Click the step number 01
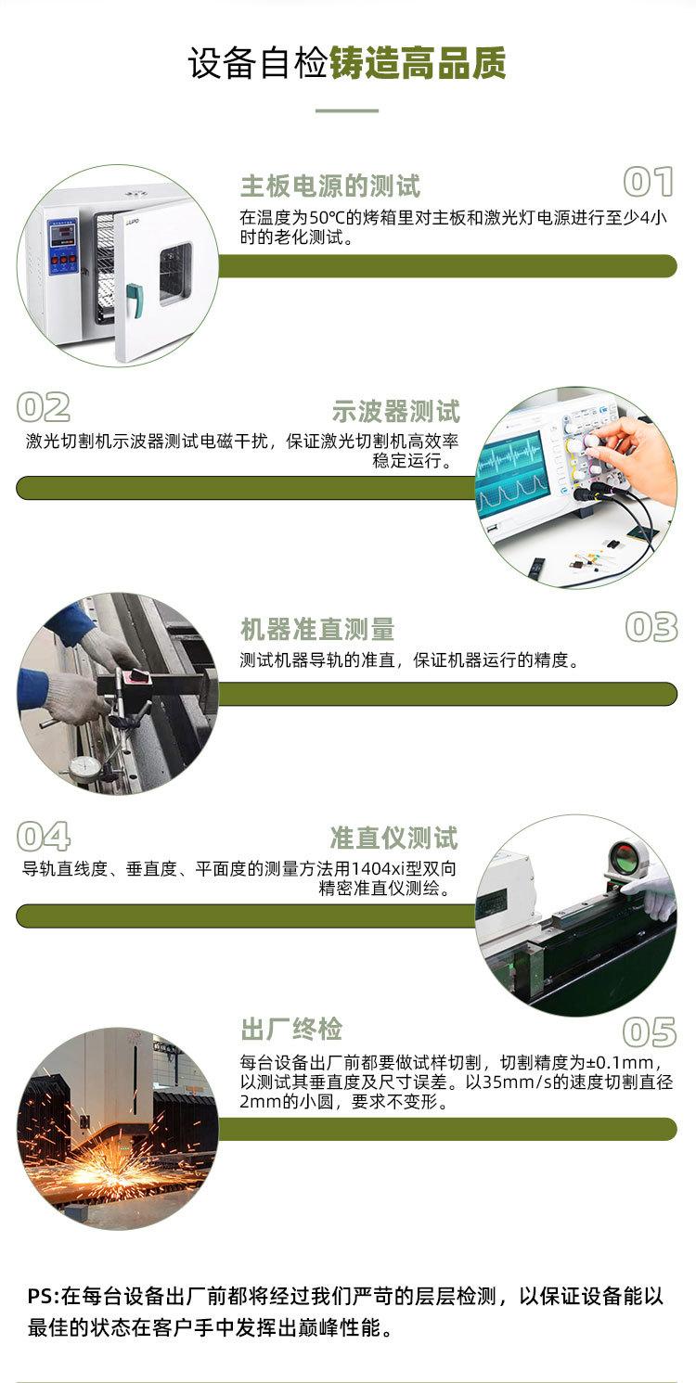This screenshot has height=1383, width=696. click(x=648, y=183)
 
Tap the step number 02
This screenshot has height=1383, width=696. click(x=44, y=408)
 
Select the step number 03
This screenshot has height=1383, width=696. click(x=651, y=628)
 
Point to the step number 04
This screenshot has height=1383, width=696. click(x=44, y=837)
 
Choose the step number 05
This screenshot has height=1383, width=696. click(x=649, y=1032)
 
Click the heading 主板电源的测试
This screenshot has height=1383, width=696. click(x=330, y=186)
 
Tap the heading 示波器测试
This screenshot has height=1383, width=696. click(x=395, y=411)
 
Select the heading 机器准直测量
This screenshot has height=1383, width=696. click(x=317, y=630)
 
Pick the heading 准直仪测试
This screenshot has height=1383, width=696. click(x=393, y=839)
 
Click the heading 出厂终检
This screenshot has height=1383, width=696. click(x=291, y=1029)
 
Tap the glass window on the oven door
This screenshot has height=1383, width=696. click(x=174, y=274)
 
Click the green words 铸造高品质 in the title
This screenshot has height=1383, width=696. click(x=418, y=64)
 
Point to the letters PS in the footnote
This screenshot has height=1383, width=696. click(x=42, y=1296)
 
